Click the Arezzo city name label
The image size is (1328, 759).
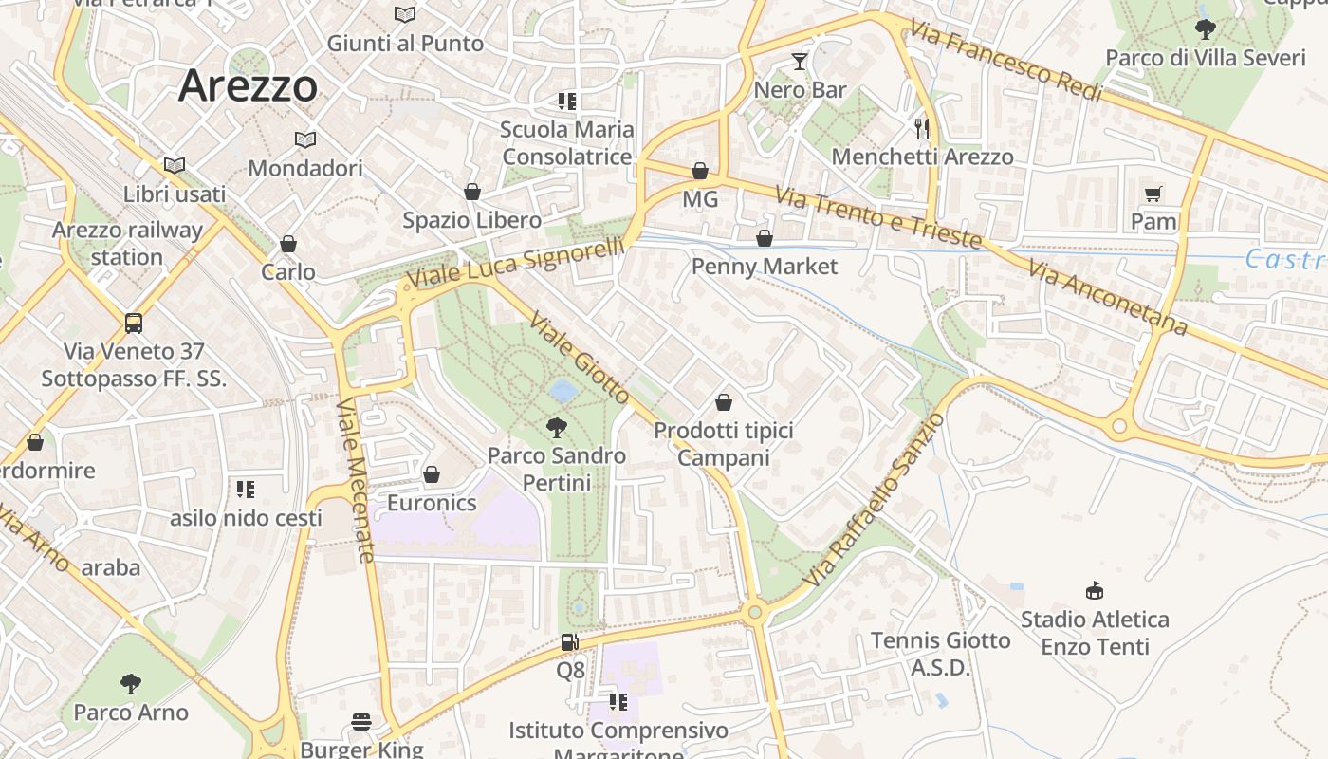(248, 86)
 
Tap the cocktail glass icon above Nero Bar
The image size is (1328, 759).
(800, 62)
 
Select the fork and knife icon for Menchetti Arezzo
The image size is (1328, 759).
(922, 127)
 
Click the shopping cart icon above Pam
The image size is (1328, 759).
(1153, 194)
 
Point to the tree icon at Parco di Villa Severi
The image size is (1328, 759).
(1205, 29)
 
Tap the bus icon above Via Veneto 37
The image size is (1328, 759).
(134, 323)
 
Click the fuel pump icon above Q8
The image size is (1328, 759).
(569, 642)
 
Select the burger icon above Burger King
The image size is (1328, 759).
(361, 722)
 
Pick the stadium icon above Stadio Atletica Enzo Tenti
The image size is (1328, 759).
(1095, 590)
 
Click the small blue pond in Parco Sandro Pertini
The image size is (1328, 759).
(562, 391)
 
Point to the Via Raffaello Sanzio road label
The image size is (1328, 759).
(874, 499)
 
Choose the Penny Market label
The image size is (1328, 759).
(765, 266)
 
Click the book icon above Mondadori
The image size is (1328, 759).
(304, 139)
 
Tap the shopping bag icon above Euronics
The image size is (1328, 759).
(432, 473)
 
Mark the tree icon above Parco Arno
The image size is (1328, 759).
(131, 683)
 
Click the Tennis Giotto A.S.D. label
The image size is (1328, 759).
(941, 654)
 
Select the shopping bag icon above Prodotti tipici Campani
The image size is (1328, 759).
(724, 402)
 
